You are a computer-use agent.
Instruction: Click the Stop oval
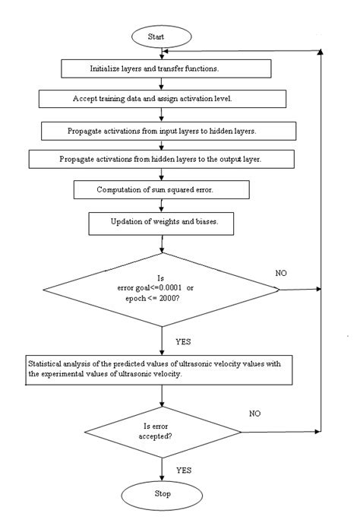(162, 495)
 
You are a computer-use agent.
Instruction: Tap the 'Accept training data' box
(163, 99)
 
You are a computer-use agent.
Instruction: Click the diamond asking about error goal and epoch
(162, 288)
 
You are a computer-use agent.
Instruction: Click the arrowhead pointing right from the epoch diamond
(320, 288)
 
